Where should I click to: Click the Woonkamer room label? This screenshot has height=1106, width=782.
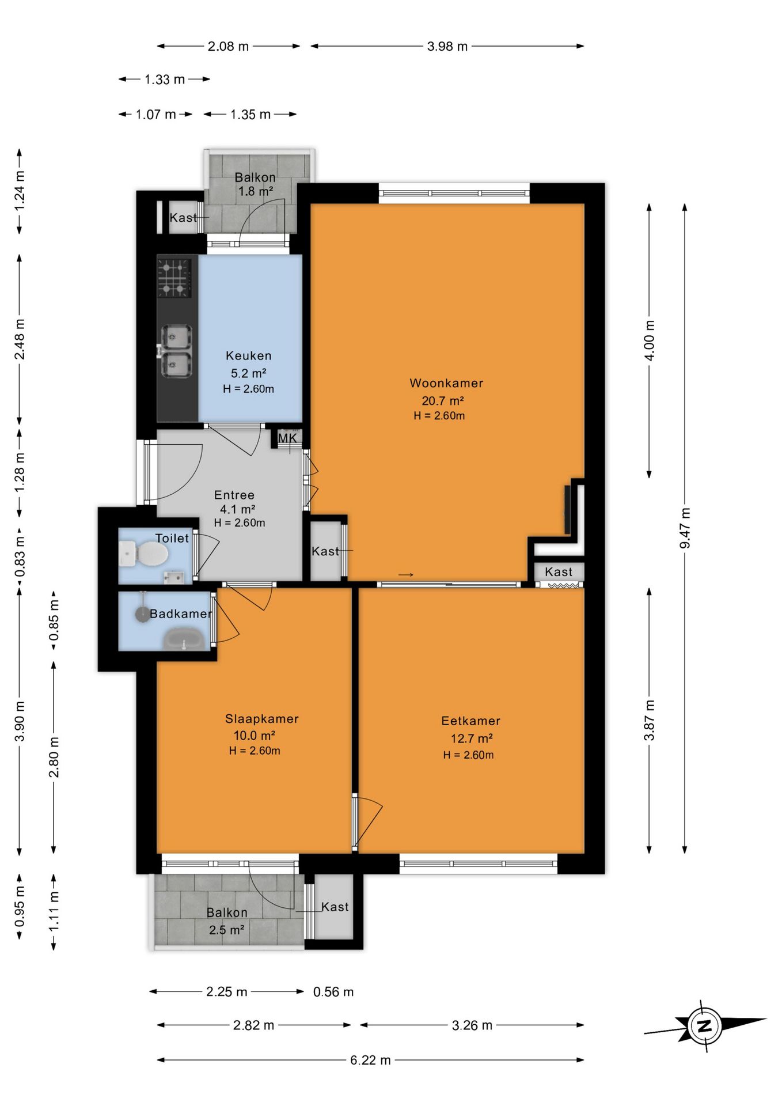pos(446,383)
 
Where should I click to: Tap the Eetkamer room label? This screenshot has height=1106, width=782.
pos(471,721)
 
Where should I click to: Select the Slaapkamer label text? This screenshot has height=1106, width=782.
pos(262,719)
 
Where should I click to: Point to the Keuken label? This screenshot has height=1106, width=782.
pos(249,356)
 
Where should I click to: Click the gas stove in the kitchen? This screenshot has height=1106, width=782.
pos(174,278)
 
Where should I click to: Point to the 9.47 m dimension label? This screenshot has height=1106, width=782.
pos(685,528)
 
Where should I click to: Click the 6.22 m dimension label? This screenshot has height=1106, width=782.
pos(371,1060)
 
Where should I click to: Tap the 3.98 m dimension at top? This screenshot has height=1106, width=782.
pos(447,47)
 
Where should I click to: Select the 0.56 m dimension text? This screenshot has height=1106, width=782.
pos(333,992)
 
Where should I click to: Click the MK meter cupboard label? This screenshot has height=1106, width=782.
pos(288,438)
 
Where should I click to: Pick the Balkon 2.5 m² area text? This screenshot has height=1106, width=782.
pos(227,930)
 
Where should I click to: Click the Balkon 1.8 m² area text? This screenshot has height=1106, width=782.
pos(256,191)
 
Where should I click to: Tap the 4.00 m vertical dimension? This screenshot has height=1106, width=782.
pos(650,340)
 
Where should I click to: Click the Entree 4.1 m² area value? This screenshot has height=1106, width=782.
pos(237,509)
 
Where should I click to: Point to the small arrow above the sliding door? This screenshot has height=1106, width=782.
pos(406,574)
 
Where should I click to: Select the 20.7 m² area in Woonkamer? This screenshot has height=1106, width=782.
pos(443,401)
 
